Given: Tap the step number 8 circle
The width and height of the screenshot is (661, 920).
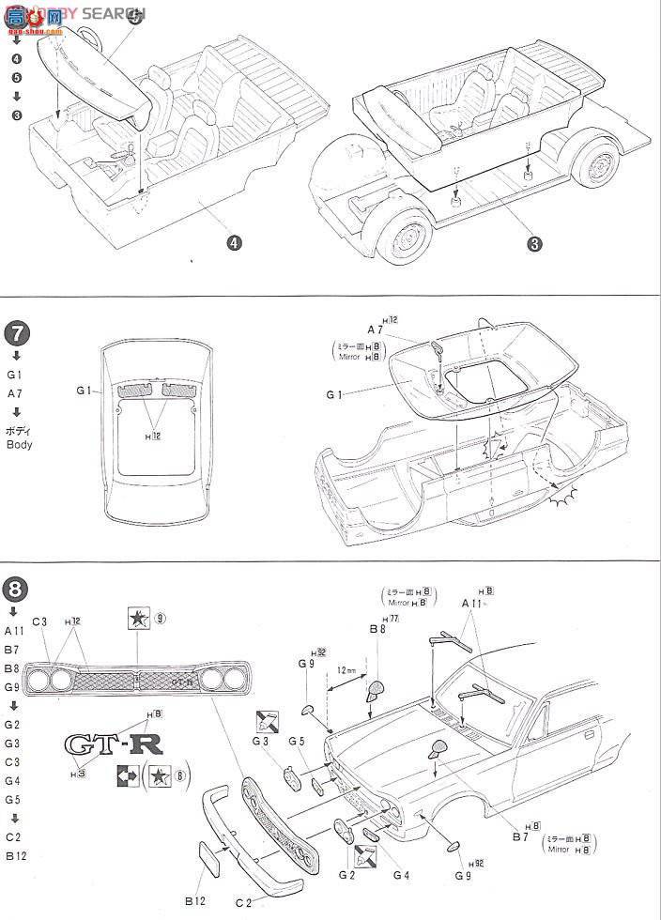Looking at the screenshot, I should (x=18, y=590).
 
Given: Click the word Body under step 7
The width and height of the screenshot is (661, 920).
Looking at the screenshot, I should (x=19, y=444).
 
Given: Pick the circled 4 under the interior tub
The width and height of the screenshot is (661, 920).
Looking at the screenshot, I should (x=235, y=242).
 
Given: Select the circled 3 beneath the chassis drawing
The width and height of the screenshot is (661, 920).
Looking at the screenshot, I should (x=534, y=244).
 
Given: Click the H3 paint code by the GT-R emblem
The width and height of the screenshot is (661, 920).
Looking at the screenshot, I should (x=81, y=773).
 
